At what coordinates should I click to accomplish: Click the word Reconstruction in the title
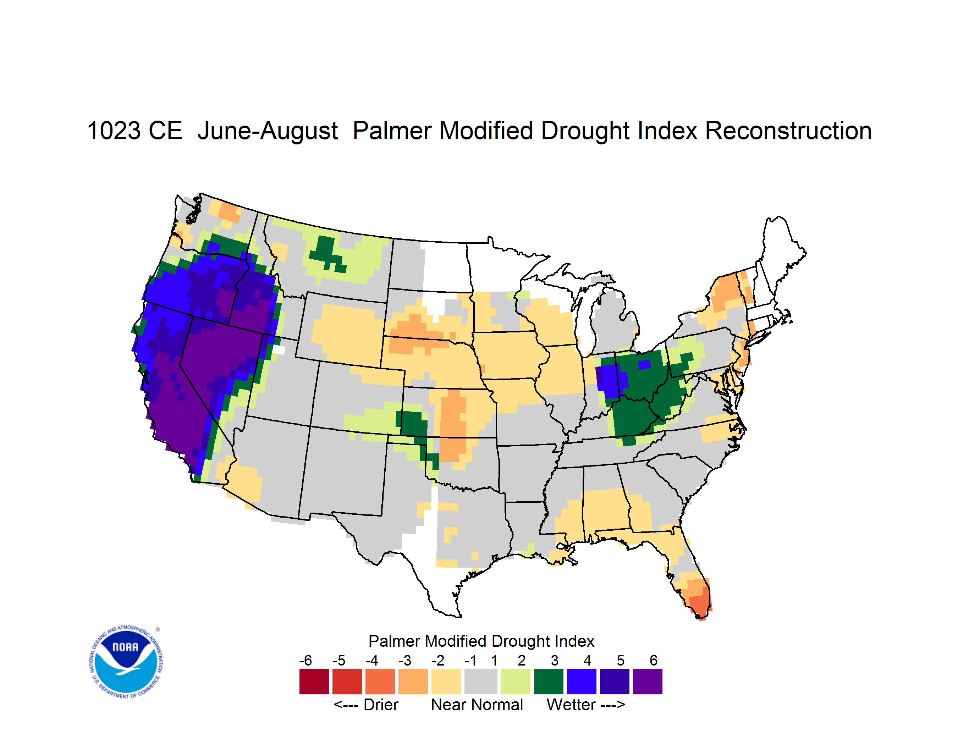pos(788,131)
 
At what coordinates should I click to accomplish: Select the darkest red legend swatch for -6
pos(314,681)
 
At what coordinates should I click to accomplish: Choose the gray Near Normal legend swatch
pos(481,681)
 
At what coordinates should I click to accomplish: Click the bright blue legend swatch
pos(582,681)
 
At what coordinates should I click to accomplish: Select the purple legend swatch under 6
pos(648,681)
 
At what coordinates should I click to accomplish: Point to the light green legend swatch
pos(516,681)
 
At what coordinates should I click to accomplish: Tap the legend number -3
pos(405,660)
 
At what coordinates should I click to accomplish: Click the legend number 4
pos(587,660)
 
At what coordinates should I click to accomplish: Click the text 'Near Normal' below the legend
pos(477,705)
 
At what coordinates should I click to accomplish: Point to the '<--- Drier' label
pos(366,705)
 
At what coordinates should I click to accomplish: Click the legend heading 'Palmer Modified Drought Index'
pos(481,641)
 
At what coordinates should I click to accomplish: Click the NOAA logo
pos(126,662)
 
